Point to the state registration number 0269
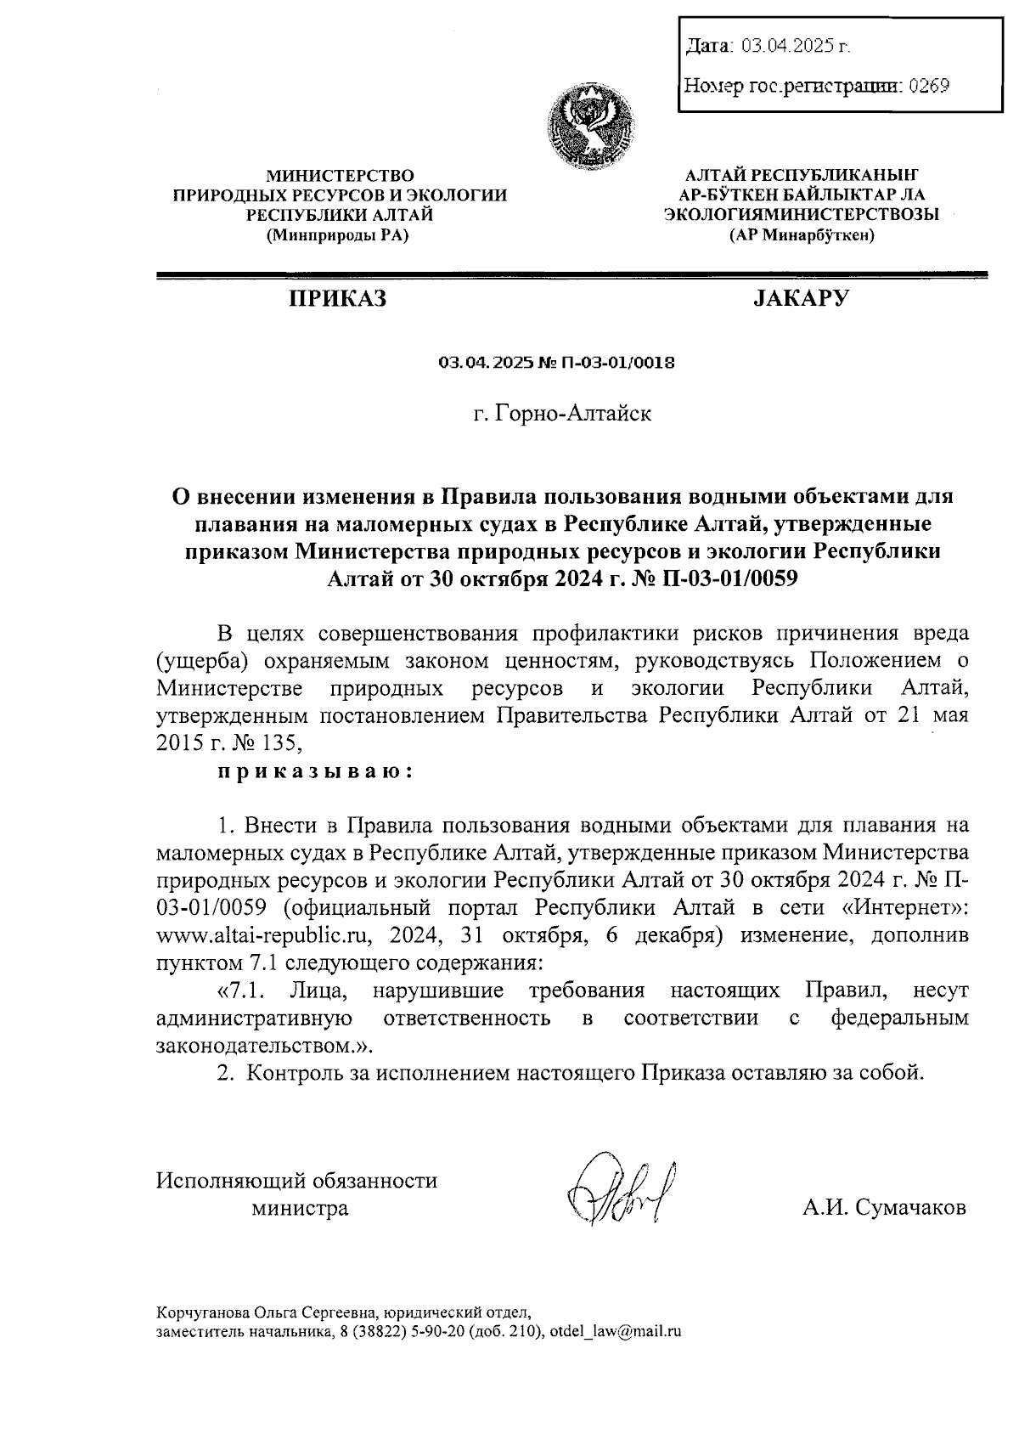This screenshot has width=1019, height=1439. pos(928,86)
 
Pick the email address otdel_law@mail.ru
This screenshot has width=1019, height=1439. pos(616,1332)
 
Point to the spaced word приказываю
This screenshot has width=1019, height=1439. pos(314,771)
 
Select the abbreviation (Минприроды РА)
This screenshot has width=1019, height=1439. pos(337,236)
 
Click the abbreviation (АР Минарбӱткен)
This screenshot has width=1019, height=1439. pos(801,236)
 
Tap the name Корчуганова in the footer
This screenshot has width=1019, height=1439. pos(205,1312)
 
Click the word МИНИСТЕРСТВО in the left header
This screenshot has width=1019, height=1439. pos(341,176)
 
